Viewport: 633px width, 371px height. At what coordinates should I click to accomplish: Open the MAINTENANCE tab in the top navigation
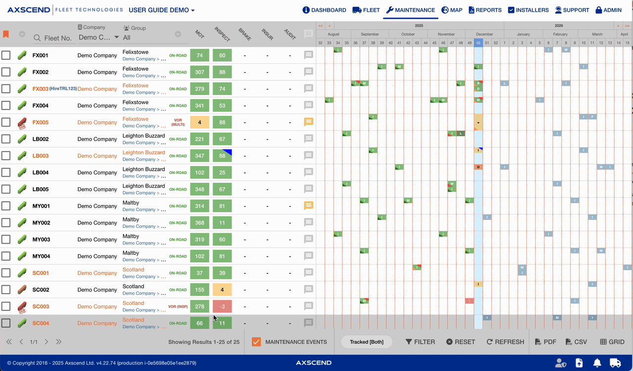(x=410, y=10)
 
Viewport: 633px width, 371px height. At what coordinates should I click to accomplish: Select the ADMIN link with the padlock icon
(x=608, y=10)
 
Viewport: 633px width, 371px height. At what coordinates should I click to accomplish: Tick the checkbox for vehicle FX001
(x=6, y=55)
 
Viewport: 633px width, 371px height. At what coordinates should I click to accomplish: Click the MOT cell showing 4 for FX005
(x=200, y=122)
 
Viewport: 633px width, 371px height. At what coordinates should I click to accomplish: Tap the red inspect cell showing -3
(x=223, y=307)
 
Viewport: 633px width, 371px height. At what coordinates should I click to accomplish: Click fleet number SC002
(x=41, y=290)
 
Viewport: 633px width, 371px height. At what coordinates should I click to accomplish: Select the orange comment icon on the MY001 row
(x=309, y=206)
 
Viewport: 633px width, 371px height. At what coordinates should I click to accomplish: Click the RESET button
(x=460, y=342)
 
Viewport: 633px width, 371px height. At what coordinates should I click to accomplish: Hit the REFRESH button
(x=505, y=342)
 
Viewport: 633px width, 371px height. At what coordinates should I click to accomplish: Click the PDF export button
(x=545, y=342)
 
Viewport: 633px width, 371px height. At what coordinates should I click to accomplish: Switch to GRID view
(x=612, y=342)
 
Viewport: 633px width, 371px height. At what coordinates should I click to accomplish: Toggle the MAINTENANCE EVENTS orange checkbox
(x=256, y=342)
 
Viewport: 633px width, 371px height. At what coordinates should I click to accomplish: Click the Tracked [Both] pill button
(x=366, y=342)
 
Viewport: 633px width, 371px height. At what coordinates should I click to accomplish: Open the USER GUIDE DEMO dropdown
(x=161, y=10)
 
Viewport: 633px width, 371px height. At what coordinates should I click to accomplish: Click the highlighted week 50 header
(x=478, y=43)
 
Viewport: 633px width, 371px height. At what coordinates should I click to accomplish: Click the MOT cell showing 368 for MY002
(x=200, y=223)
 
